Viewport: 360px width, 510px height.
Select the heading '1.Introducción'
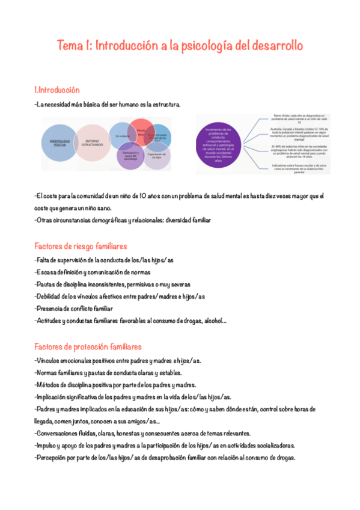click(58, 90)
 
